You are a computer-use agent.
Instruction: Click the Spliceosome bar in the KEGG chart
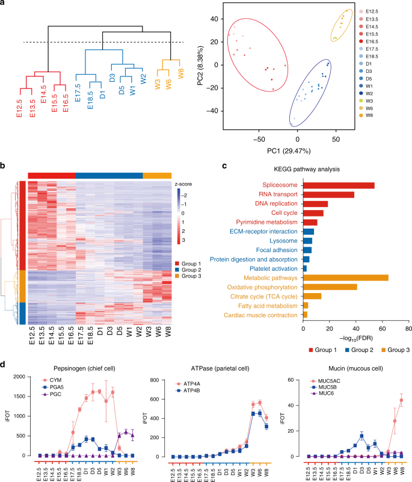[339, 185]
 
